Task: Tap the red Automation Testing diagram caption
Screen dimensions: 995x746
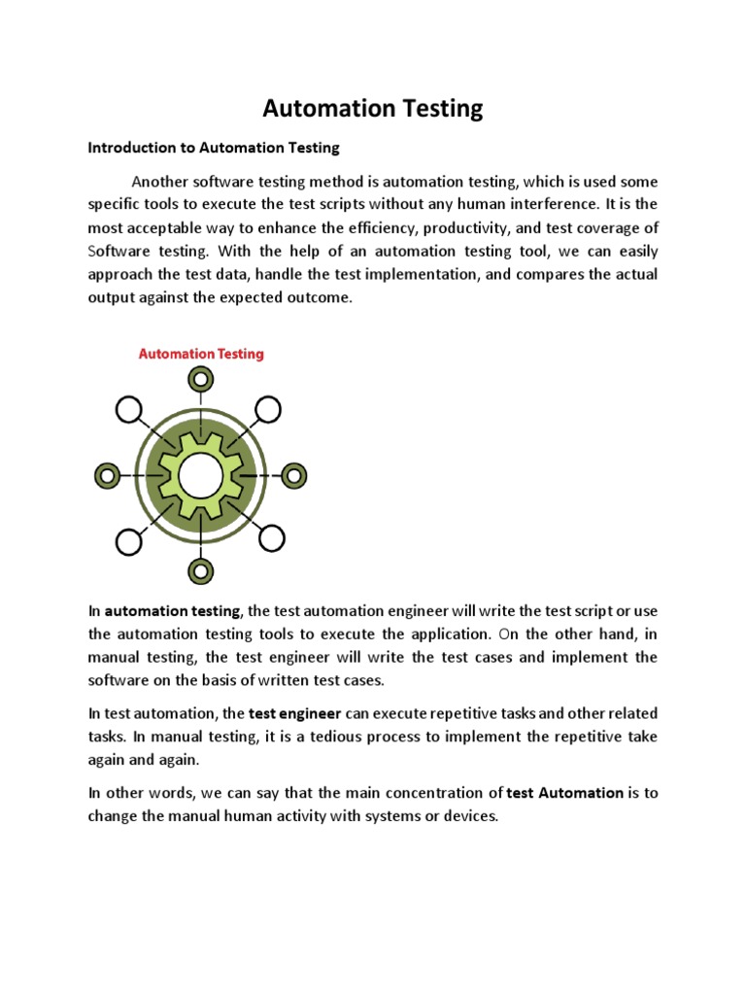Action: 201,354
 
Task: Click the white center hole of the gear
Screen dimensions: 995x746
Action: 201,475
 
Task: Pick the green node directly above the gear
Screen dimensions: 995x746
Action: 201,380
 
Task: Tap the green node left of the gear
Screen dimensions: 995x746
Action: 107,475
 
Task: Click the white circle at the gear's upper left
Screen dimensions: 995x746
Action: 128,411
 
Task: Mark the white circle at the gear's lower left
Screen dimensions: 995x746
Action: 128,539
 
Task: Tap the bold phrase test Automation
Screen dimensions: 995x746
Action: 565,792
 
